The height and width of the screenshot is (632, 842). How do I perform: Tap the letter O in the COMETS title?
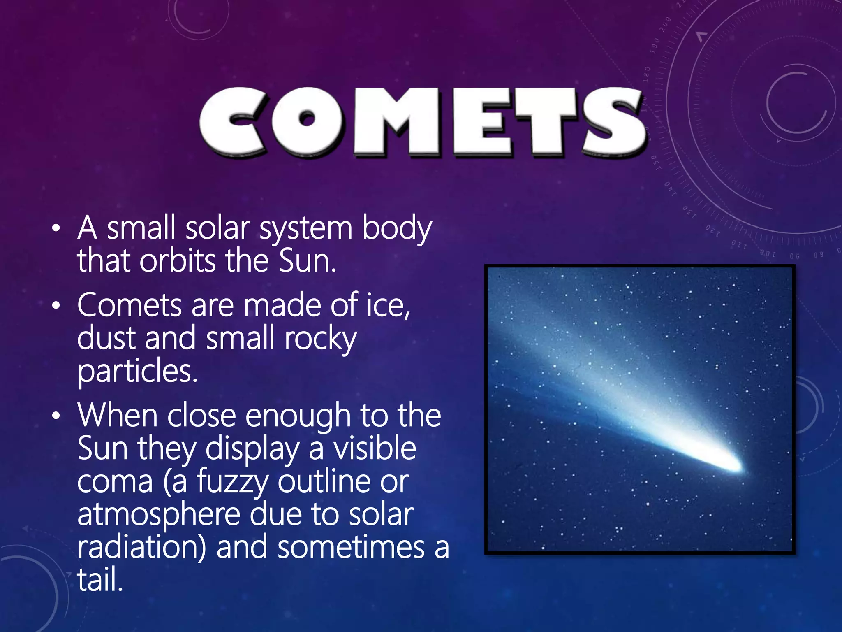[306, 122]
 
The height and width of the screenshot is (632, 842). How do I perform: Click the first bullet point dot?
[56, 228]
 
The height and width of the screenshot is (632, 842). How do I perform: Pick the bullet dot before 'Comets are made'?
[56, 306]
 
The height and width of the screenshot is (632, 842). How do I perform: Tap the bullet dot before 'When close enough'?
[56, 416]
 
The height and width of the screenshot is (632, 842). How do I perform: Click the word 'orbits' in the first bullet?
[177, 261]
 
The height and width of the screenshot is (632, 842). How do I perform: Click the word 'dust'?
[106, 338]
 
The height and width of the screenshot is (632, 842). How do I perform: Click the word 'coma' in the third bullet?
[115, 482]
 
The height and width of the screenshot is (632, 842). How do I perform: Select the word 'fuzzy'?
[232, 483]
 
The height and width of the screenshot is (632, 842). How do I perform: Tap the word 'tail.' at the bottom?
[100, 580]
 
